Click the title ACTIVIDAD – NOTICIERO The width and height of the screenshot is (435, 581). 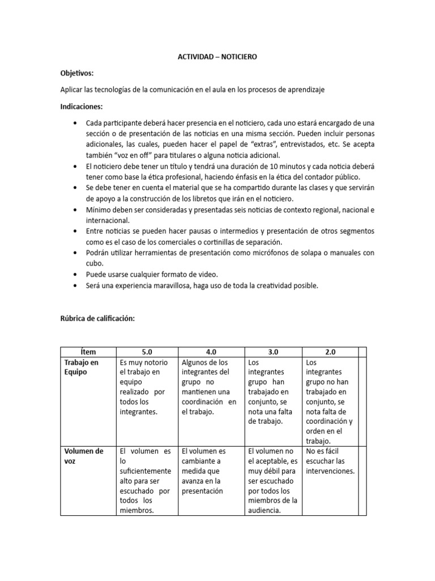(x=217, y=58)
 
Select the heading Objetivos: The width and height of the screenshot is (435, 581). (x=77, y=74)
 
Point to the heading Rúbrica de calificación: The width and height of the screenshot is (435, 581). (x=97, y=319)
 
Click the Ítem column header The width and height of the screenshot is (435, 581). (x=88, y=352)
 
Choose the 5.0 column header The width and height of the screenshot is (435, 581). (x=147, y=352)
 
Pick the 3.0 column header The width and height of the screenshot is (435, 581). (x=273, y=352)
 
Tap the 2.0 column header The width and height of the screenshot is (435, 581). (x=330, y=352)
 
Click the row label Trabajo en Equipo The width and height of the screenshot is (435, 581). (x=80, y=367)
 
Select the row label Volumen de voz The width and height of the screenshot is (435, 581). (x=83, y=456)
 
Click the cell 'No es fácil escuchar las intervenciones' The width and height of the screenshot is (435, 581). (x=329, y=461)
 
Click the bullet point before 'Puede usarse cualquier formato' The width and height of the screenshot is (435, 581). (x=76, y=274)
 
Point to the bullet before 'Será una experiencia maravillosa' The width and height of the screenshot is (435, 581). (x=76, y=286)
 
